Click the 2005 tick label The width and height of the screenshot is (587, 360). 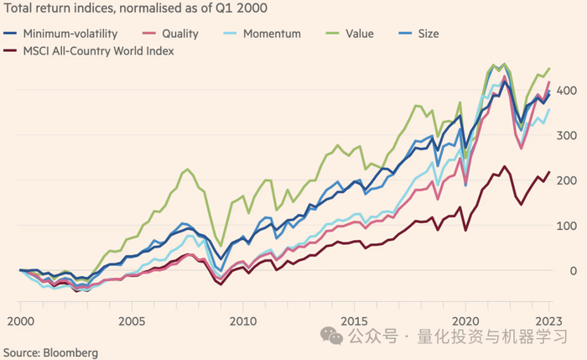[131, 321]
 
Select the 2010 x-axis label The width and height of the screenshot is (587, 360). [242, 321]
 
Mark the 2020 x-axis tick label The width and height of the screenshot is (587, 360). [465, 321]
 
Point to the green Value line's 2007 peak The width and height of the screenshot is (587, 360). [188, 170]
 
